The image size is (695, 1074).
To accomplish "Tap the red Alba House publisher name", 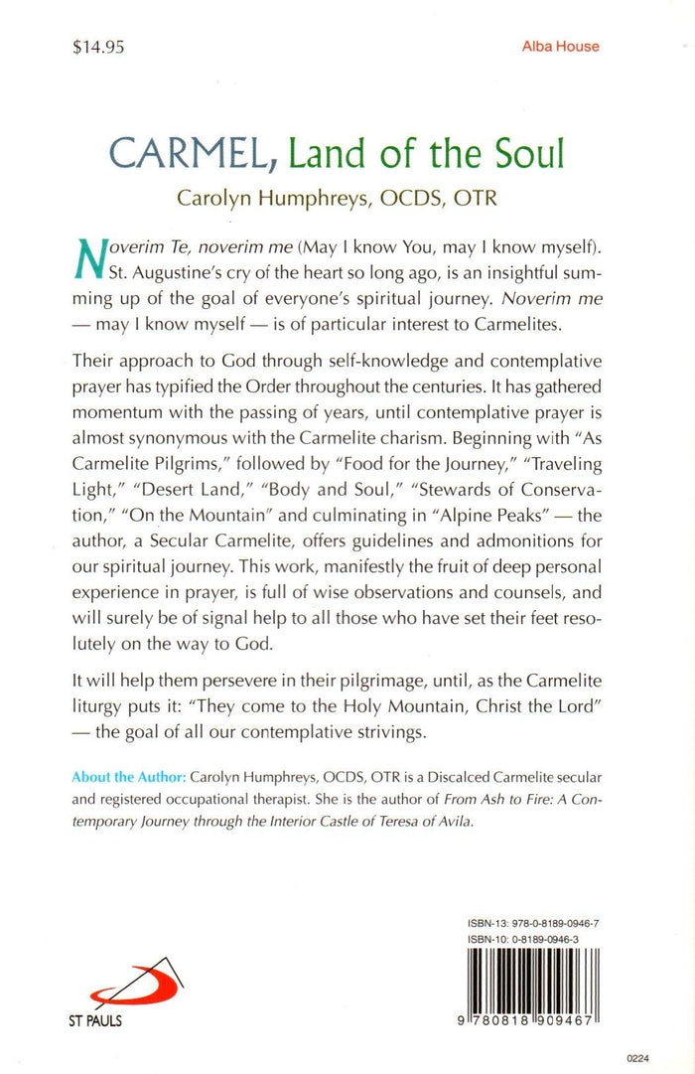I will [x=560, y=47].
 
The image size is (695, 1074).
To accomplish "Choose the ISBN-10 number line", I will [x=526, y=938].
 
